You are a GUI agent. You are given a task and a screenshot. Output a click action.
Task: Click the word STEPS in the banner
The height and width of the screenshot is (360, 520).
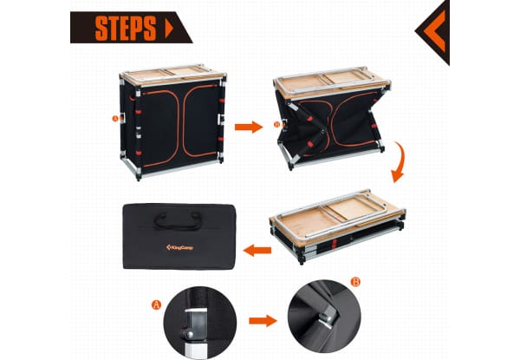click(126, 29)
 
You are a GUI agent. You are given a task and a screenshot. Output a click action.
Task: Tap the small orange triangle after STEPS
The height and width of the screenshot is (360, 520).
click(169, 29)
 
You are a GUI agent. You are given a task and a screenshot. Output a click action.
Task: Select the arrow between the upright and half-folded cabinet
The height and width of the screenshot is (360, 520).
click(249, 127)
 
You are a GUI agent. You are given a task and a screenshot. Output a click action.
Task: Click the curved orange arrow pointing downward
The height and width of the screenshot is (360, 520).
click(400, 162)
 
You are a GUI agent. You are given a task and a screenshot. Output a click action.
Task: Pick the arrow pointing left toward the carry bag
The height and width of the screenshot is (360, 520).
click(257, 250)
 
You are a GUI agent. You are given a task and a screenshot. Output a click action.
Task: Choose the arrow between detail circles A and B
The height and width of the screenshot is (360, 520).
click(263, 321)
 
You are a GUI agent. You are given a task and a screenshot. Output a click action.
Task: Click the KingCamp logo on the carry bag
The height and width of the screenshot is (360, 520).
click(179, 247)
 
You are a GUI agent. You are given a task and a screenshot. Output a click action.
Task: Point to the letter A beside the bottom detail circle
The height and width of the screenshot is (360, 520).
click(156, 304)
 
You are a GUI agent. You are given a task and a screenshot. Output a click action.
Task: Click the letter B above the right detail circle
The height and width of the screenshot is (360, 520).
click(355, 282)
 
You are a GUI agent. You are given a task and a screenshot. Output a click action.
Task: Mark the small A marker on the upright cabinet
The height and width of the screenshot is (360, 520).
click(115, 119)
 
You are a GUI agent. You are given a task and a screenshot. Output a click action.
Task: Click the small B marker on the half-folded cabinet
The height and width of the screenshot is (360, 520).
click(277, 125)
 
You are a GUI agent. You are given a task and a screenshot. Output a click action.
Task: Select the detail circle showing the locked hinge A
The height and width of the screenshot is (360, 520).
click(199, 323)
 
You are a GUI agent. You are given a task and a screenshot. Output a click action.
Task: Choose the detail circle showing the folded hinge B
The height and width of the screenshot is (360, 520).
click(324, 317)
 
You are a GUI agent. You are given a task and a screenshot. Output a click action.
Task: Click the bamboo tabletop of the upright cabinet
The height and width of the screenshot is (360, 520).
click(172, 75)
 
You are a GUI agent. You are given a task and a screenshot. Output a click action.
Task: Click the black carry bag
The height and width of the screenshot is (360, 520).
click(179, 236)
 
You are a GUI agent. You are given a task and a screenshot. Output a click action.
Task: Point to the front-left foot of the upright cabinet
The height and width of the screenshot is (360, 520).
click(139, 178)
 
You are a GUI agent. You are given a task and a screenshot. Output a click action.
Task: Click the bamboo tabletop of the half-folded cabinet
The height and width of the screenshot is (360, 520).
click(332, 82)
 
